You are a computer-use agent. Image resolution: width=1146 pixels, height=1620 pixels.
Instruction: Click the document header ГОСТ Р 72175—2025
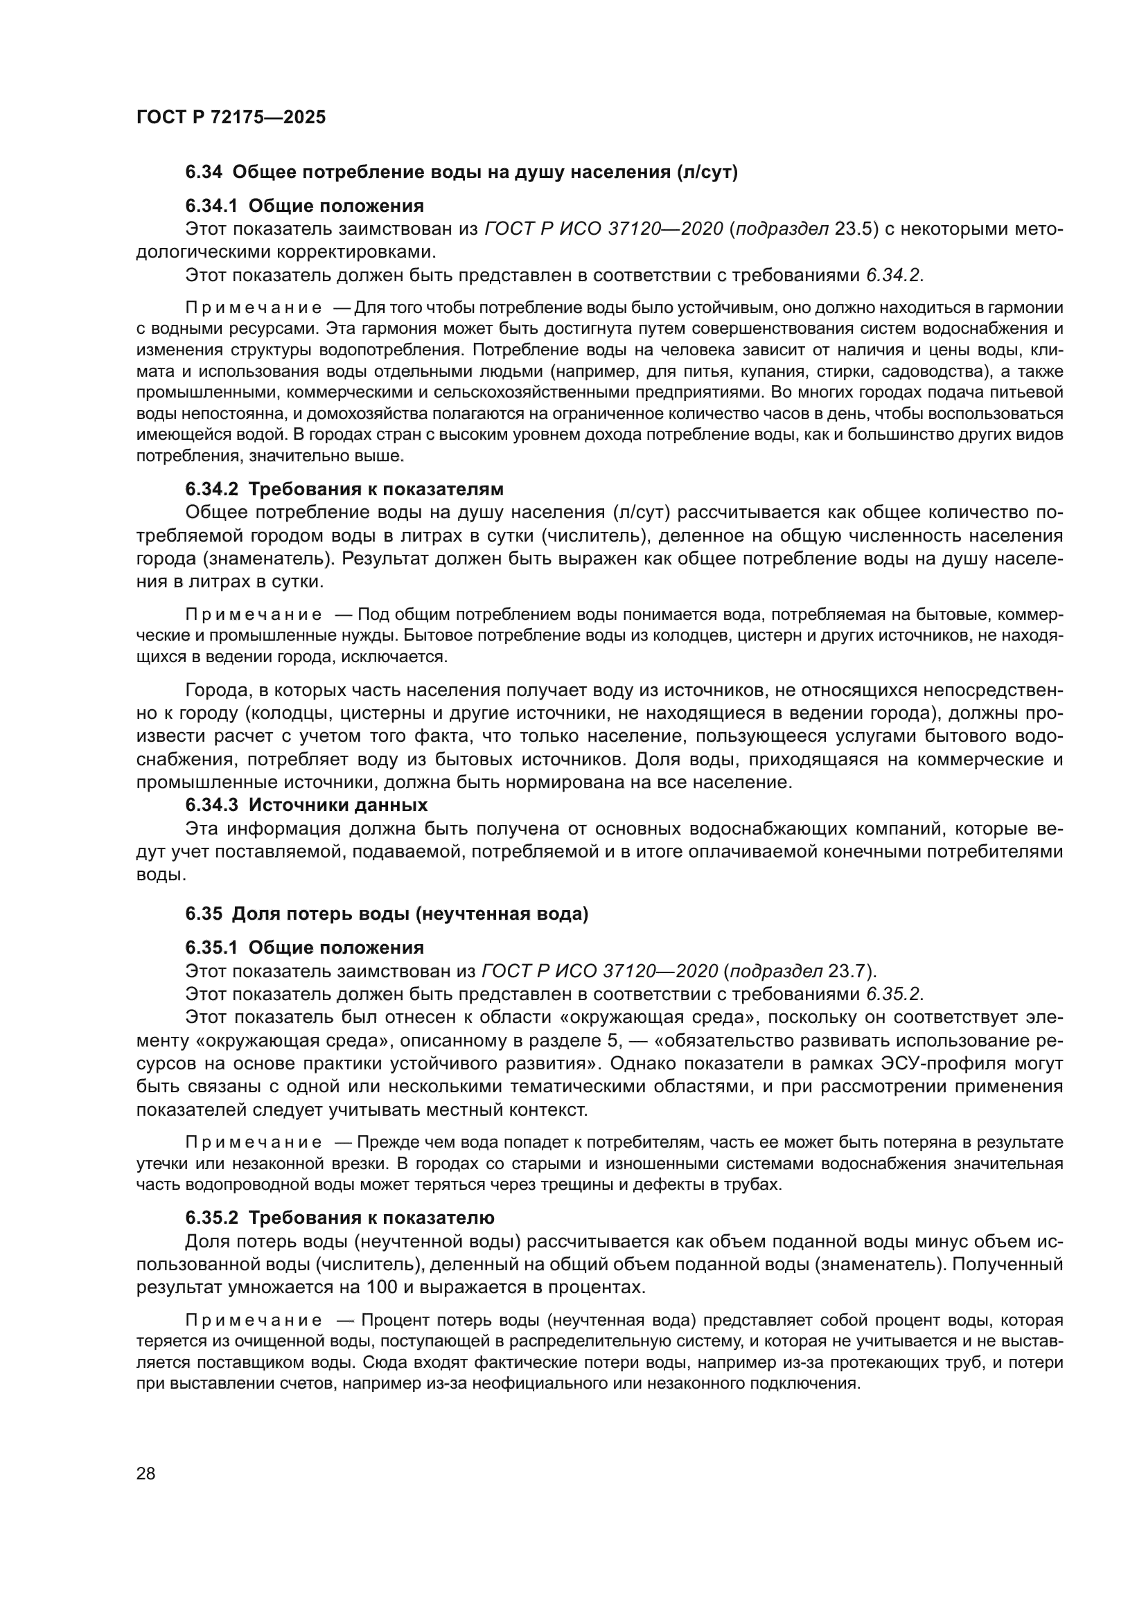pos(231,117)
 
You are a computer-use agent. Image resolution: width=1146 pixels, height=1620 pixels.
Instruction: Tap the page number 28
pos(146,1473)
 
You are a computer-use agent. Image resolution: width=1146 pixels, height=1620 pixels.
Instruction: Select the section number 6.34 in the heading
pos(204,172)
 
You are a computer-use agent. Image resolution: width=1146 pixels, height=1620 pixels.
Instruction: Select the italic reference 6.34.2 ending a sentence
pos(893,275)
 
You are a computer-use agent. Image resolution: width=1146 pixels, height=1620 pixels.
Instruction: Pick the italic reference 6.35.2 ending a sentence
pos(893,994)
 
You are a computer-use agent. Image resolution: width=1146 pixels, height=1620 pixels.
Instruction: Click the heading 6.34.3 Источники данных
pos(306,805)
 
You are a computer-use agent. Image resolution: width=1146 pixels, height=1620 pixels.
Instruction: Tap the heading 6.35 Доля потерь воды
pos(387,914)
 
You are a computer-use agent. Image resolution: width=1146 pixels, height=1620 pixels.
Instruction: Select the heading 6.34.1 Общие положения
pos(304,206)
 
